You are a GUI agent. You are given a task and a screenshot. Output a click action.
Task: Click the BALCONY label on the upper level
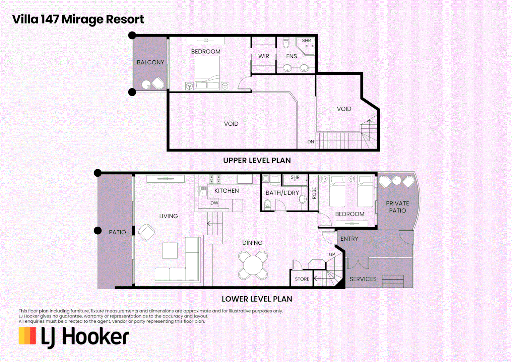coord(150,62)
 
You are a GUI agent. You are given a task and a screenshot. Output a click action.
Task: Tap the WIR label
coord(264,56)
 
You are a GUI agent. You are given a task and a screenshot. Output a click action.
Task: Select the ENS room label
coord(292,56)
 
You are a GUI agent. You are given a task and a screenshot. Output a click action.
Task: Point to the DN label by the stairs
coord(311,142)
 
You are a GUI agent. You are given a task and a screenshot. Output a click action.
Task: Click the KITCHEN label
coord(227,191)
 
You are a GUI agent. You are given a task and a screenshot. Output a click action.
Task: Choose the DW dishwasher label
coord(214,203)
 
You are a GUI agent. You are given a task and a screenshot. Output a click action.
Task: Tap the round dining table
coord(253,265)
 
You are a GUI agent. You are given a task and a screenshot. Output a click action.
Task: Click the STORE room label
coord(302,279)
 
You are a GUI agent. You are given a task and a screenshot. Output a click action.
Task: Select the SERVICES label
coord(363,279)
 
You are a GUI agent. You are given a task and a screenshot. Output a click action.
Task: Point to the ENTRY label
coord(349,239)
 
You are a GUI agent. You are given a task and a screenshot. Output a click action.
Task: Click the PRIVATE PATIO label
coord(397,207)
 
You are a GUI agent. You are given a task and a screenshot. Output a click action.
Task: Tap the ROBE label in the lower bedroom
coord(314,193)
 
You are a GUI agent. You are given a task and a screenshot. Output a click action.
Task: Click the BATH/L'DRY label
coord(282,193)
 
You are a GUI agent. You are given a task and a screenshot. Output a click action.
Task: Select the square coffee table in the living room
coord(170,250)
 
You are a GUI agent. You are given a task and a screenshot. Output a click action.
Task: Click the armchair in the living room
coord(146,232)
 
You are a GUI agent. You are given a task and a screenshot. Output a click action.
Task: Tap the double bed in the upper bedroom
coord(207,72)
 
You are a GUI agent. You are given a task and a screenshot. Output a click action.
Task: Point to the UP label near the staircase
coord(332,254)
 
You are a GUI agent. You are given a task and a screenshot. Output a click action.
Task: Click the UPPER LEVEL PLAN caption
coord(257,161)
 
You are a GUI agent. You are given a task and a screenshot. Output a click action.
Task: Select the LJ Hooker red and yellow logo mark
coord(27,336)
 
